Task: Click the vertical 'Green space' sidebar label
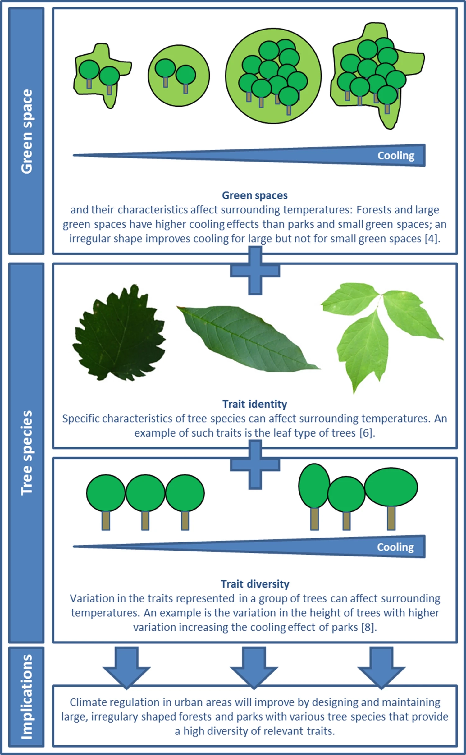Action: tap(27, 131)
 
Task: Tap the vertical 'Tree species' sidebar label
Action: tap(27, 453)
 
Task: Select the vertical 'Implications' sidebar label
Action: tap(27, 697)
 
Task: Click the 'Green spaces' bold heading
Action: tap(255, 195)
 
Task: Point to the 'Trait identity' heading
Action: tap(255, 404)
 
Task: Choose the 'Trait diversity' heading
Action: tap(255, 584)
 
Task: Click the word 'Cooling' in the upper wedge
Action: tap(396, 155)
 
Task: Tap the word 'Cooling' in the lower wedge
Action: tap(395, 547)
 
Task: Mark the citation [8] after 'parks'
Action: tap(368, 627)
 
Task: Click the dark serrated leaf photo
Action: tap(119, 332)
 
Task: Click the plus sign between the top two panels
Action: tap(255, 271)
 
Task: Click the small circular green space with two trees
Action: tap(179, 76)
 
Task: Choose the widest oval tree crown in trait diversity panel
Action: tap(391, 487)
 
